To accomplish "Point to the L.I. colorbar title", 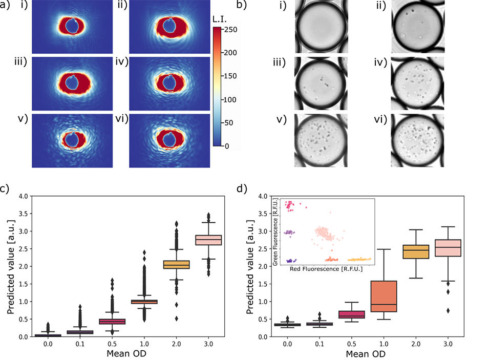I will coord(221,19).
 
